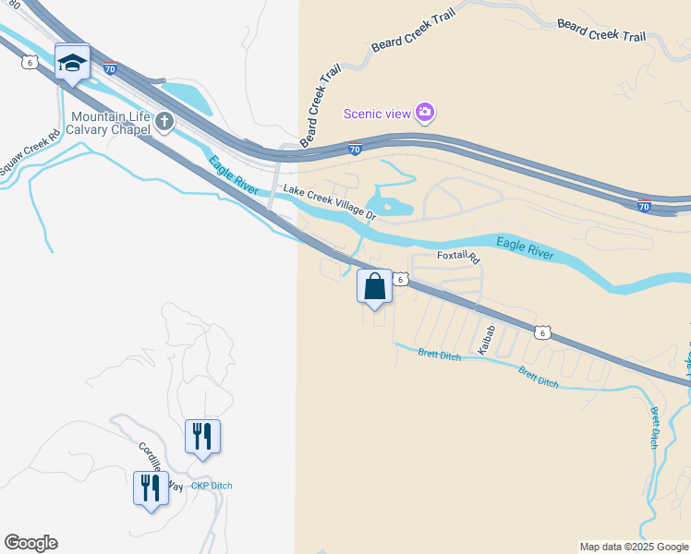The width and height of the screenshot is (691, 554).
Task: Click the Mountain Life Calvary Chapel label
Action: (x=111, y=123)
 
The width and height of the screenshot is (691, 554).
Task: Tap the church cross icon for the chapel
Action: (x=164, y=122)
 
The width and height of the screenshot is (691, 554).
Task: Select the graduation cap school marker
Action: (x=72, y=63)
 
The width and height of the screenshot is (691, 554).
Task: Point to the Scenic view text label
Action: (x=377, y=114)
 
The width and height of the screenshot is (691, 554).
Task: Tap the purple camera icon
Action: (x=425, y=113)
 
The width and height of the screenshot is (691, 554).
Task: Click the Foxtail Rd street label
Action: (x=459, y=258)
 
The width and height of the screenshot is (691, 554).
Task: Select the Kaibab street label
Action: (x=488, y=340)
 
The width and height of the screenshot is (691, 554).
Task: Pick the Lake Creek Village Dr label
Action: (x=330, y=202)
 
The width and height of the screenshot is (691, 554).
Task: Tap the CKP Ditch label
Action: (x=212, y=486)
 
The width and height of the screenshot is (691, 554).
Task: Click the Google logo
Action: (x=30, y=543)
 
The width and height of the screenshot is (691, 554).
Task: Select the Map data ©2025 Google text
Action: (x=634, y=547)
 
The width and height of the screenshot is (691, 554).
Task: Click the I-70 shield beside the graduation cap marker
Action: (x=110, y=68)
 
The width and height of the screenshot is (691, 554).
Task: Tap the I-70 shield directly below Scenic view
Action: (x=355, y=148)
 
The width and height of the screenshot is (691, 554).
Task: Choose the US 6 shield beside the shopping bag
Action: (x=401, y=278)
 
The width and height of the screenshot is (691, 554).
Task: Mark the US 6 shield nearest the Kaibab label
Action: (x=544, y=332)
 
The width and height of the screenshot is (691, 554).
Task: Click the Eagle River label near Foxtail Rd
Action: (x=524, y=248)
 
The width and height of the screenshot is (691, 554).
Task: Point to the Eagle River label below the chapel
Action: (x=233, y=175)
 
